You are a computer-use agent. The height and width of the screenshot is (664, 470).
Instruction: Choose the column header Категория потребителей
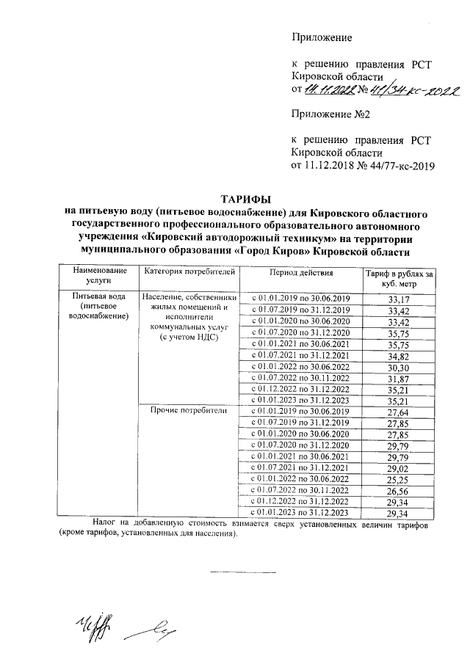(190, 273)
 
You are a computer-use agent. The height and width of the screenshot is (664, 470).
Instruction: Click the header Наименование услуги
(100, 278)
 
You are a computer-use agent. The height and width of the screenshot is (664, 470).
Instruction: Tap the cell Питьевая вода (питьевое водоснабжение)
(100, 306)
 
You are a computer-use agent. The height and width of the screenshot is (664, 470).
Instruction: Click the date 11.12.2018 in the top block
(333, 165)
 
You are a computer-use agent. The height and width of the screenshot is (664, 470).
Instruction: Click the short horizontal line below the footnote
(243, 571)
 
